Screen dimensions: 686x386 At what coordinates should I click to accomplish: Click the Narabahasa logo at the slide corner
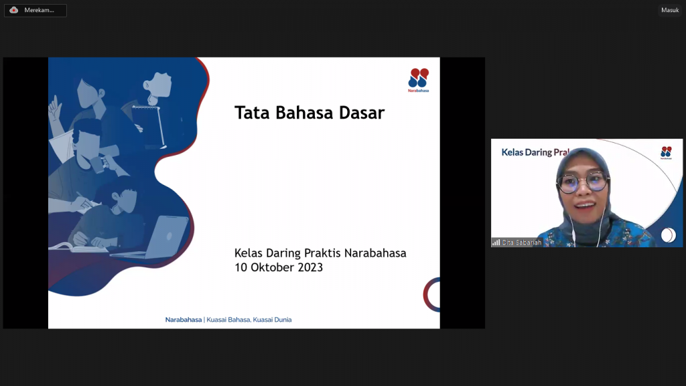(418, 80)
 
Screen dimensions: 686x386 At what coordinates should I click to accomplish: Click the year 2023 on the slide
(310, 267)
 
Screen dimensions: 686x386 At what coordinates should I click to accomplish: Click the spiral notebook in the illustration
(149, 125)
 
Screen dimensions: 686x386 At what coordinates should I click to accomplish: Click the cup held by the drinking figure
(97, 164)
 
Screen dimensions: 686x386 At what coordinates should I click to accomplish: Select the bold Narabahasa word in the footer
(184, 320)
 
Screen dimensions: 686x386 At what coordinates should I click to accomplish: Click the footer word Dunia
(281, 320)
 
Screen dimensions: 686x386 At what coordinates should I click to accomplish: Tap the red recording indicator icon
(14, 10)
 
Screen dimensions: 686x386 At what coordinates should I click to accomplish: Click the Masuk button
(670, 10)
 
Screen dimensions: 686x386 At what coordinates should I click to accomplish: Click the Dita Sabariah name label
(521, 243)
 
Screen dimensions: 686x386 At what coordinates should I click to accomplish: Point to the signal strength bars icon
(496, 243)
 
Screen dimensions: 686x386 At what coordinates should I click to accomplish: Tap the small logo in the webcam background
(666, 153)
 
